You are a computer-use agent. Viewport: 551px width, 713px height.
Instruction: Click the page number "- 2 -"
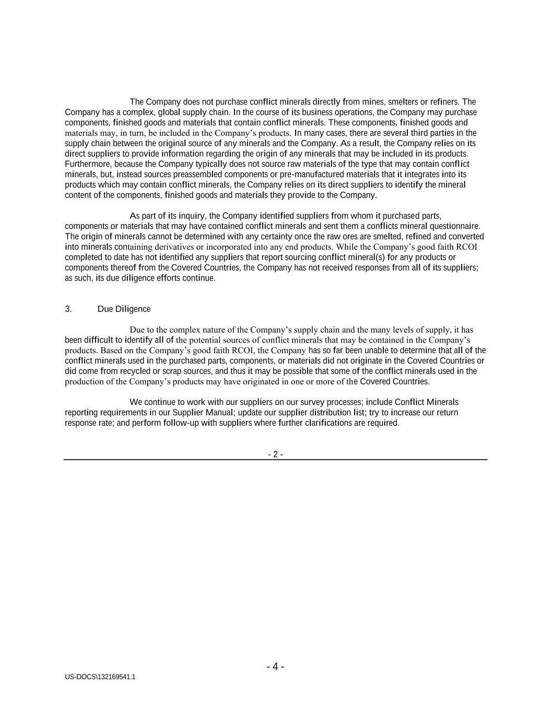[275, 454]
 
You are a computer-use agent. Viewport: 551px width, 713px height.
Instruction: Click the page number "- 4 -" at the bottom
[275, 667]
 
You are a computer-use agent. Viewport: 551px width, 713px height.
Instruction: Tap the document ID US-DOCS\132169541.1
[100, 677]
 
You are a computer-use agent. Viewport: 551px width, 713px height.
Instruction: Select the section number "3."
[68, 309]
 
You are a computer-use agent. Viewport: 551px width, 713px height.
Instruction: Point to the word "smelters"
[403, 102]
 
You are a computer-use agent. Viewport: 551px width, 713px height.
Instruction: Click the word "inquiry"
[192, 216]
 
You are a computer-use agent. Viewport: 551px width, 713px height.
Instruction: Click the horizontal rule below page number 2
[275, 460]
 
